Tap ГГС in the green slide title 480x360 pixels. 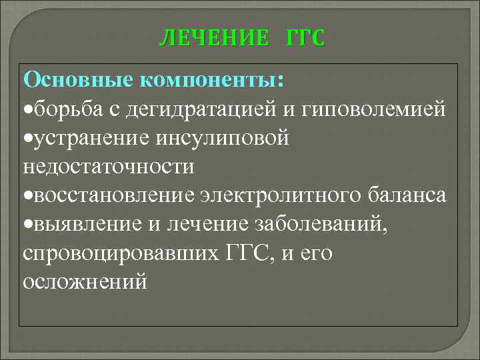tap(305, 38)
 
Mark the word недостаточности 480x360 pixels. tap(109, 166)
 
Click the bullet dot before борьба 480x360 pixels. tap(27, 110)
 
